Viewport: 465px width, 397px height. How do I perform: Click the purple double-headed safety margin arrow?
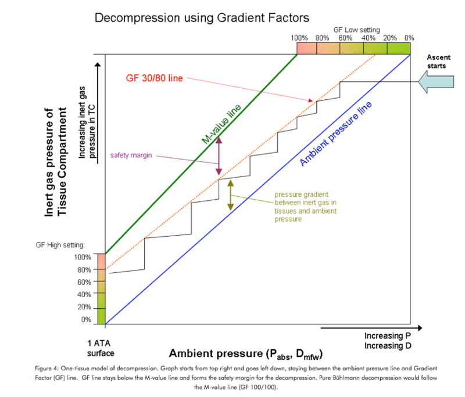(219, 156)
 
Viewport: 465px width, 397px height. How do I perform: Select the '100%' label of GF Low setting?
(299, 38)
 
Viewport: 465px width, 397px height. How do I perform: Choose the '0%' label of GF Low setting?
(409, 38)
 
